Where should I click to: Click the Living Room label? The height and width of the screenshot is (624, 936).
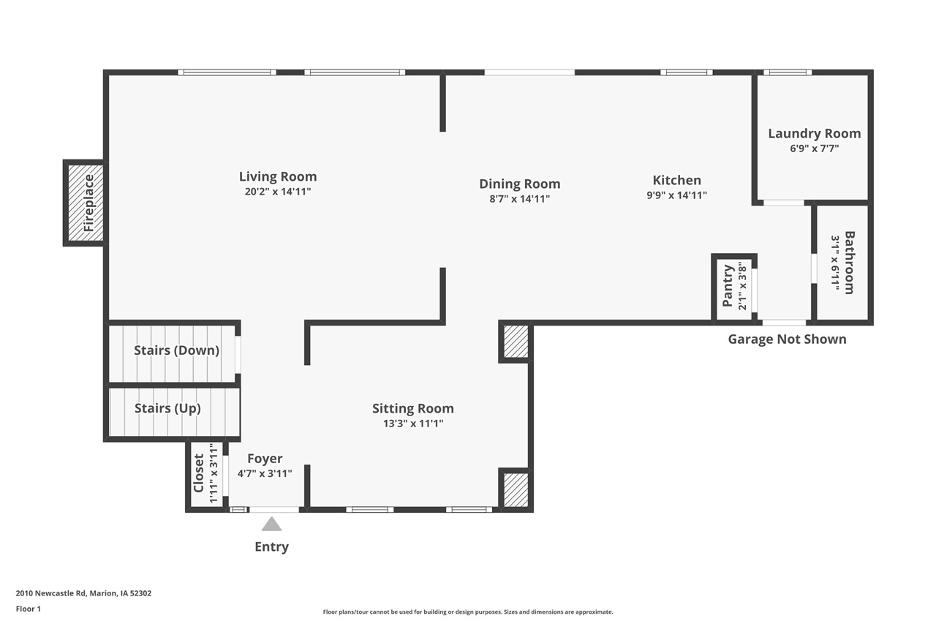(278, 176)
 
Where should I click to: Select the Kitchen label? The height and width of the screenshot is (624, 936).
(676, 180)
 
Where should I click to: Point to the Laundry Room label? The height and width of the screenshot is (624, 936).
(814, 133)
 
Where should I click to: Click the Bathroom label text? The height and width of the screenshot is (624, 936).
(849, 263)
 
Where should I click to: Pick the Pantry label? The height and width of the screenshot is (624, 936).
(728, 286)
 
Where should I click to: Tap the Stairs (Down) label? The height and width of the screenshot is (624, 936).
(176, 350)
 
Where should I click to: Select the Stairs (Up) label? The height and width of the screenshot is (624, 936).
(167, 408)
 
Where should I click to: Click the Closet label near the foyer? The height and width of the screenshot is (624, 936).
(199, 473)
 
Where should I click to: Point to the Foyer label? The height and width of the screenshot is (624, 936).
(265, 459)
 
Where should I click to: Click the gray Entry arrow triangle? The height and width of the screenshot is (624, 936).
(272, 525)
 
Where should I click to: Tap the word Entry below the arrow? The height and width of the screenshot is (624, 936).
(271, 546)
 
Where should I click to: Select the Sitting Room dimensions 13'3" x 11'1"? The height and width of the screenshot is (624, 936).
(413, 423)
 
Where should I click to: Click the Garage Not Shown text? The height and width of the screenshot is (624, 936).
(787, 339)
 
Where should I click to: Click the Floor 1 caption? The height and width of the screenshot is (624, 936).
(29, 609)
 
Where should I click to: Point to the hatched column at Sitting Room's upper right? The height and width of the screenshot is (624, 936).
(516, 342)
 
